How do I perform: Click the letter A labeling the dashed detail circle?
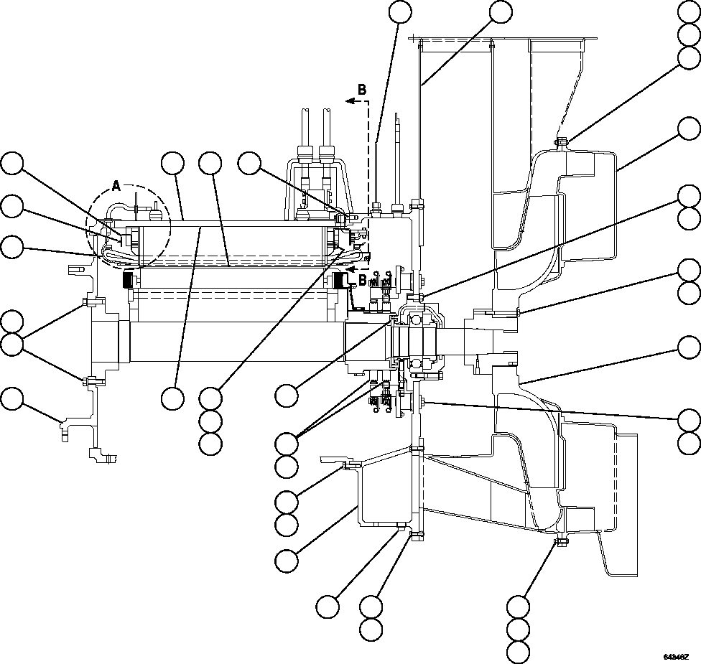(x=116, y=187)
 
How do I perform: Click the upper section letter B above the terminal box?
(x=362, y=90)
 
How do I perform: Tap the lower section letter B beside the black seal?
(x=362, y=279)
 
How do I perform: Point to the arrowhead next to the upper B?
(x=349, y=102)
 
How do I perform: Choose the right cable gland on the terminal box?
(x=328, y=153)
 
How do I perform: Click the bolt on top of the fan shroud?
(x=561, y=141)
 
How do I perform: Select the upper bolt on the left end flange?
(x=85, y=301)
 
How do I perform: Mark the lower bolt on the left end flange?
(x=85, y=380)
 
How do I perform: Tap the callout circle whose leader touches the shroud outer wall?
(x=689, y=129)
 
